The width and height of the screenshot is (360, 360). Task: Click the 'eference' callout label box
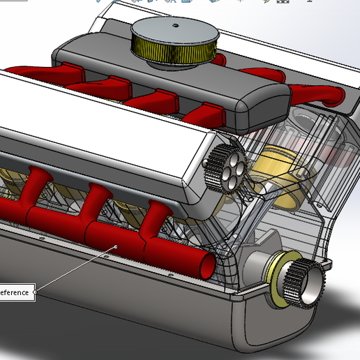coord(15,292)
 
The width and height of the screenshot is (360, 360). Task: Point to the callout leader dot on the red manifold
coord(116,246)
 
